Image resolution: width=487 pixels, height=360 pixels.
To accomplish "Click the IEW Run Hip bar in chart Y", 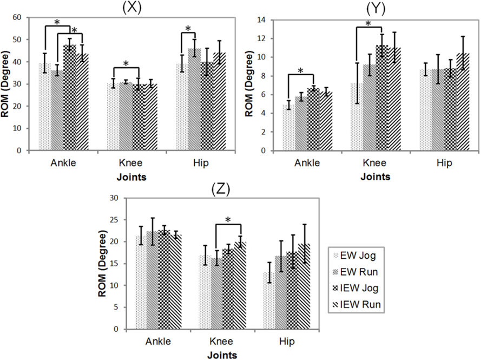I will tap(463, 102).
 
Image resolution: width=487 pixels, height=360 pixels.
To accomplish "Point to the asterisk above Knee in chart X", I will tap(126, 64).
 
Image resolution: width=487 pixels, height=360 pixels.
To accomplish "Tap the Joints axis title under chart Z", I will tap(221, 355).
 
